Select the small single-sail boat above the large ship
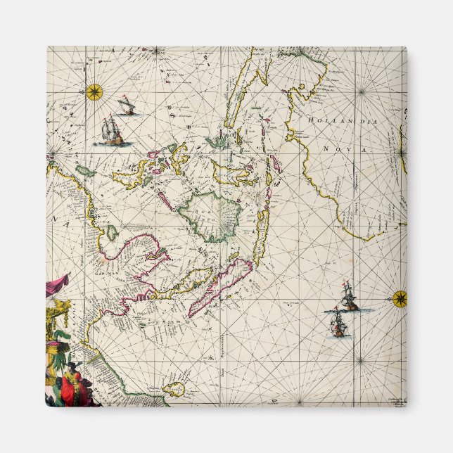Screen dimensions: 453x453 pyautogui.click(x=127, y=107)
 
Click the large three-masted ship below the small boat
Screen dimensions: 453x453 pyautogui.click(x=113, y=132)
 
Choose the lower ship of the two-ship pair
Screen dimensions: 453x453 pyautogui.click(x=339, y=324)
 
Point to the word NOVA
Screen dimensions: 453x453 pyautogui.click(x=337, y=149)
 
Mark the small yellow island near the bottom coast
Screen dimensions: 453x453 pyautogui.click(x=174, y=386)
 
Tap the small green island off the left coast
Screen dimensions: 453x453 pyautogui.click(x=86, y=171)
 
